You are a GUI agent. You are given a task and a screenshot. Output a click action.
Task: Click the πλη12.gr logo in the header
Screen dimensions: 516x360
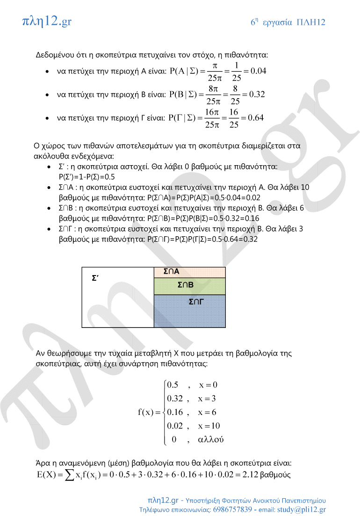click(x=47, y=21)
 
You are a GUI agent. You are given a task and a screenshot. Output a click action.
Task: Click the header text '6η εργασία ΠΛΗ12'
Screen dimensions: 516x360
click(x=288, y=22)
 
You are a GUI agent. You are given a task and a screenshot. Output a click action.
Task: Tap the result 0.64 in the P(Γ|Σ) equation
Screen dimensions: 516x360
click(x=256, y=117)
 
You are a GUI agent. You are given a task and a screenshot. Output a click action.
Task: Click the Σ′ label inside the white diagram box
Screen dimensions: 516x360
click(x=95, y=277)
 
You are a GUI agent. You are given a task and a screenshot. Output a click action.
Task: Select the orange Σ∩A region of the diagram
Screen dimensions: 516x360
click(x=189, y=272)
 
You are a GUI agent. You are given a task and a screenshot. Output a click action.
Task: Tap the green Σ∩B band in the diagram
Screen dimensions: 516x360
click(x=189, y=286)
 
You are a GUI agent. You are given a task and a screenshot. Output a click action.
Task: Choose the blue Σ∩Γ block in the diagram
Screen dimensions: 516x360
click(x=189, y=311)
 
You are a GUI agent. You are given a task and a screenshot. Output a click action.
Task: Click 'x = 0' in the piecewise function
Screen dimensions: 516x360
click(x=209, y=385)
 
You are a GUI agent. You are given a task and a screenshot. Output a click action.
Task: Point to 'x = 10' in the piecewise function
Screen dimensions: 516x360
click(x=209, y=426)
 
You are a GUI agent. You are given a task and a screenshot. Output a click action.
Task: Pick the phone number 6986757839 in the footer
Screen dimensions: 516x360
click(x=226, y=509)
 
